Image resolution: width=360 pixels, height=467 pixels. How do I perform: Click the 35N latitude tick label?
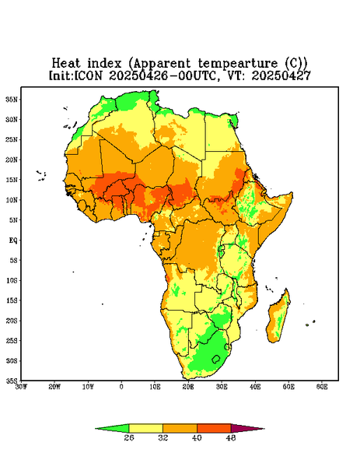click(12, 100)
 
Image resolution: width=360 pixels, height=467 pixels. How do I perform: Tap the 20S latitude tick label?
click(12, 321)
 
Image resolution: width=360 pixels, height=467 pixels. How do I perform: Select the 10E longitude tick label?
click(155, 387)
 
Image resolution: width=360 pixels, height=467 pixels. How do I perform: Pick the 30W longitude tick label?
click(22, 387)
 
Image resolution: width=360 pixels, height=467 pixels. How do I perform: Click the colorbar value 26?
click(129, 437)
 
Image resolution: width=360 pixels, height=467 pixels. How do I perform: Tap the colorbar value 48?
click(231, 437)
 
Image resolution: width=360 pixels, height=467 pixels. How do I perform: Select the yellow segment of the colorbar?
click(145, 428)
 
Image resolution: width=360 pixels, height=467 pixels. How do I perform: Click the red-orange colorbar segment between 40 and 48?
click(214, 428)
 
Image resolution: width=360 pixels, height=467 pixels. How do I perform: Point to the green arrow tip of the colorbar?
click(96, 429)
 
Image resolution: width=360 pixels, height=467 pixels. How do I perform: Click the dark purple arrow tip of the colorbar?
click(264, 429)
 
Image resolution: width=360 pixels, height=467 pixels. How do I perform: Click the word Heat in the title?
click(66, 64)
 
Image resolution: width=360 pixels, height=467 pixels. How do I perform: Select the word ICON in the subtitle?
click(88, 75)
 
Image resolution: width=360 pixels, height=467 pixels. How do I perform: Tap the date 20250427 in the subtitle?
click(281, 75)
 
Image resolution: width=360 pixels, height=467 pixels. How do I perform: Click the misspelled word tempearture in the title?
click(238, 64)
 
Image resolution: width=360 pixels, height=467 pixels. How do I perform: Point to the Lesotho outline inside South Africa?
click(216, 359)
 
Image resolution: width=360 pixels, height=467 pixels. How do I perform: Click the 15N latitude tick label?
click(12, 180)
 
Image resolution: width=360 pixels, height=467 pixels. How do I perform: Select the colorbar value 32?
click(163, 437)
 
